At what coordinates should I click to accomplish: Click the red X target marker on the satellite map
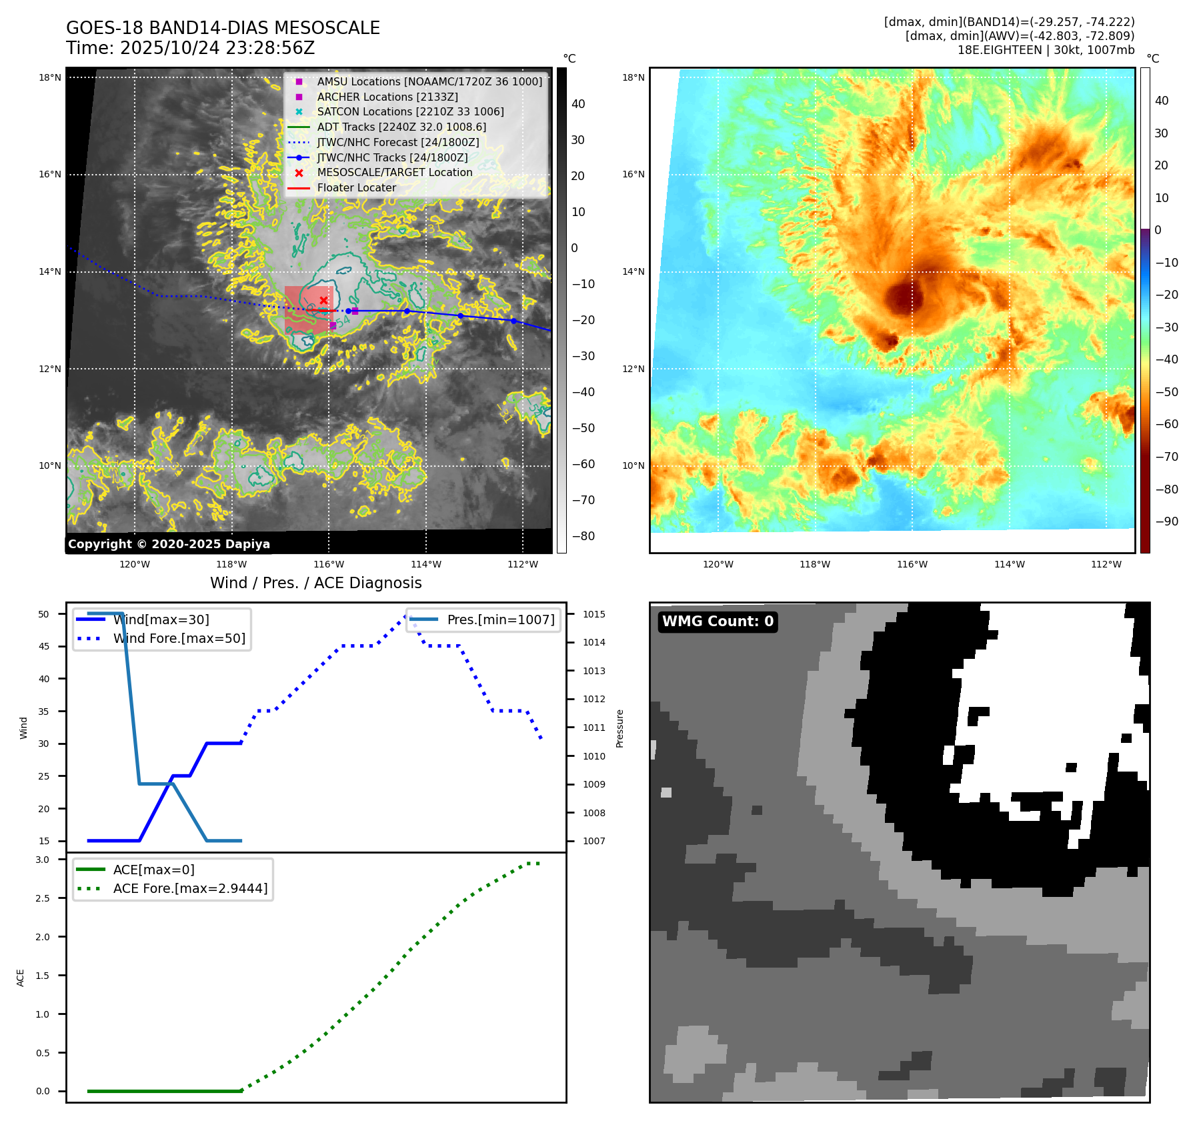(x=323, y=301)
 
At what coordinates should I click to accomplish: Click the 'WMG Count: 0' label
(x=718, y=622)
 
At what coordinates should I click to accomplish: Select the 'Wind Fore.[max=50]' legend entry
(x=179, y=638)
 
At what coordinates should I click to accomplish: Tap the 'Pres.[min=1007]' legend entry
(x=500, y=620)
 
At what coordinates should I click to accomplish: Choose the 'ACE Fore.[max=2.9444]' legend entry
(x=190, y=888)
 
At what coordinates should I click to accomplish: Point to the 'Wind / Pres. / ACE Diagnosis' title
(x=316, y=583)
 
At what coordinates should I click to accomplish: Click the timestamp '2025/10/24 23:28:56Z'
(x=190, y=48)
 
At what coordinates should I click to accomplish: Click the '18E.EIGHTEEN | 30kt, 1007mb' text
(x=1046, y=50)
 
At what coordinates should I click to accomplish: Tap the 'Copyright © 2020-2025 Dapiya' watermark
(x=169, y=544)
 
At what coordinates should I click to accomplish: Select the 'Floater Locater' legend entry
(x=356, y=187)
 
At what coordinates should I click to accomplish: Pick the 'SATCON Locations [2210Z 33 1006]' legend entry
(x=410, y=111)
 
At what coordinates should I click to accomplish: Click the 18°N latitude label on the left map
(x=50, y=77)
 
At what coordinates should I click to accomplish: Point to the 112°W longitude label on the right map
(x=1106, y=564)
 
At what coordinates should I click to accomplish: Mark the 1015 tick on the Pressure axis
(x=594, y=614)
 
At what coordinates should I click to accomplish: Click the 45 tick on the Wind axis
(x=44, y=646)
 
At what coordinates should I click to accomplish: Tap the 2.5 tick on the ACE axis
(x=43, y=898)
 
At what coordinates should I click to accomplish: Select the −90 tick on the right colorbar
(x=1166, y=521)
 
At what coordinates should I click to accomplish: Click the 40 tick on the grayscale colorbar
(x=578, y=104)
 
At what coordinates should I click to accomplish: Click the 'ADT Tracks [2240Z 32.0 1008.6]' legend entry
(x=401, y=127)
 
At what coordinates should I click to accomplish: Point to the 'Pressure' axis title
(x=620, y=728)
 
